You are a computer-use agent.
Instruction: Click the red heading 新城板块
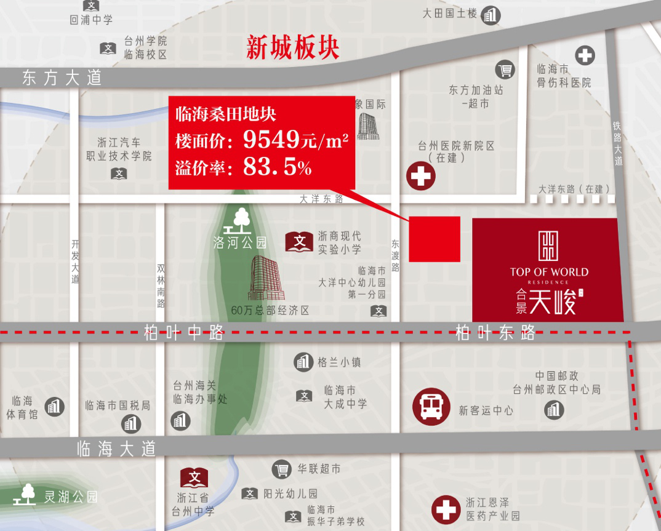pos(292,48)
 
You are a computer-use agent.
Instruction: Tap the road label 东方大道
pos(62,78)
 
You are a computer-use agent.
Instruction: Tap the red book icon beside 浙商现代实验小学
pos(300,242)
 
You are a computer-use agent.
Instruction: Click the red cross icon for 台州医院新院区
pos(421,176)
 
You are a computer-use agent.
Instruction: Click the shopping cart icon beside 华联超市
pos(281,469)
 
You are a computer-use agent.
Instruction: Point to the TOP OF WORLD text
pos(549,272)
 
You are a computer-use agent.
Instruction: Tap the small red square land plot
pos(435,239)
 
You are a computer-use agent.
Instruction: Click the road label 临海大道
pos(116,448)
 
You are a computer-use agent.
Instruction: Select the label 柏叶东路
pos(495,333)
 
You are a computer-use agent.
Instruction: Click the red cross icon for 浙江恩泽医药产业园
pos(446,509)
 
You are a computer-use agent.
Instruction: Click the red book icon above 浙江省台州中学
pos(194,477)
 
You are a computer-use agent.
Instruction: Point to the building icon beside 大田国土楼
pos(491,15)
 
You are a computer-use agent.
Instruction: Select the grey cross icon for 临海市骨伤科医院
pos(585,55)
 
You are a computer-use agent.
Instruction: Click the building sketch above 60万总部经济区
pos(266,277)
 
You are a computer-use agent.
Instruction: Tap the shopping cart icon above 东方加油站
pos(505,70)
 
